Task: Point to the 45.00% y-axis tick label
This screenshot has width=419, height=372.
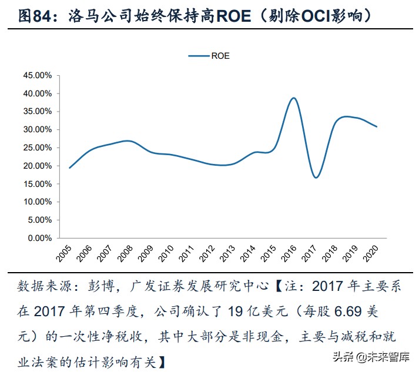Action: pos(37,75)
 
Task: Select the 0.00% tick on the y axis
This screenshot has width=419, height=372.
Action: pos(39,238)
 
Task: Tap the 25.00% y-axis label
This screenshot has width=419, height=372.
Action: pos(37,148)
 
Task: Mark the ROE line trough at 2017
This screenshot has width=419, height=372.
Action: pos(316,177)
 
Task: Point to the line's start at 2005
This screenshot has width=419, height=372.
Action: pos(69,168)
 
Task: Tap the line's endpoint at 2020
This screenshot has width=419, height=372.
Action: pos(376,126)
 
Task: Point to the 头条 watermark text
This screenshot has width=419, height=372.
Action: pos(346,357)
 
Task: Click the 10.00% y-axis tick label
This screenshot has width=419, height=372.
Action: pos(37,202)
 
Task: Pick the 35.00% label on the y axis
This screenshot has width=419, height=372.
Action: pos(37,111)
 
